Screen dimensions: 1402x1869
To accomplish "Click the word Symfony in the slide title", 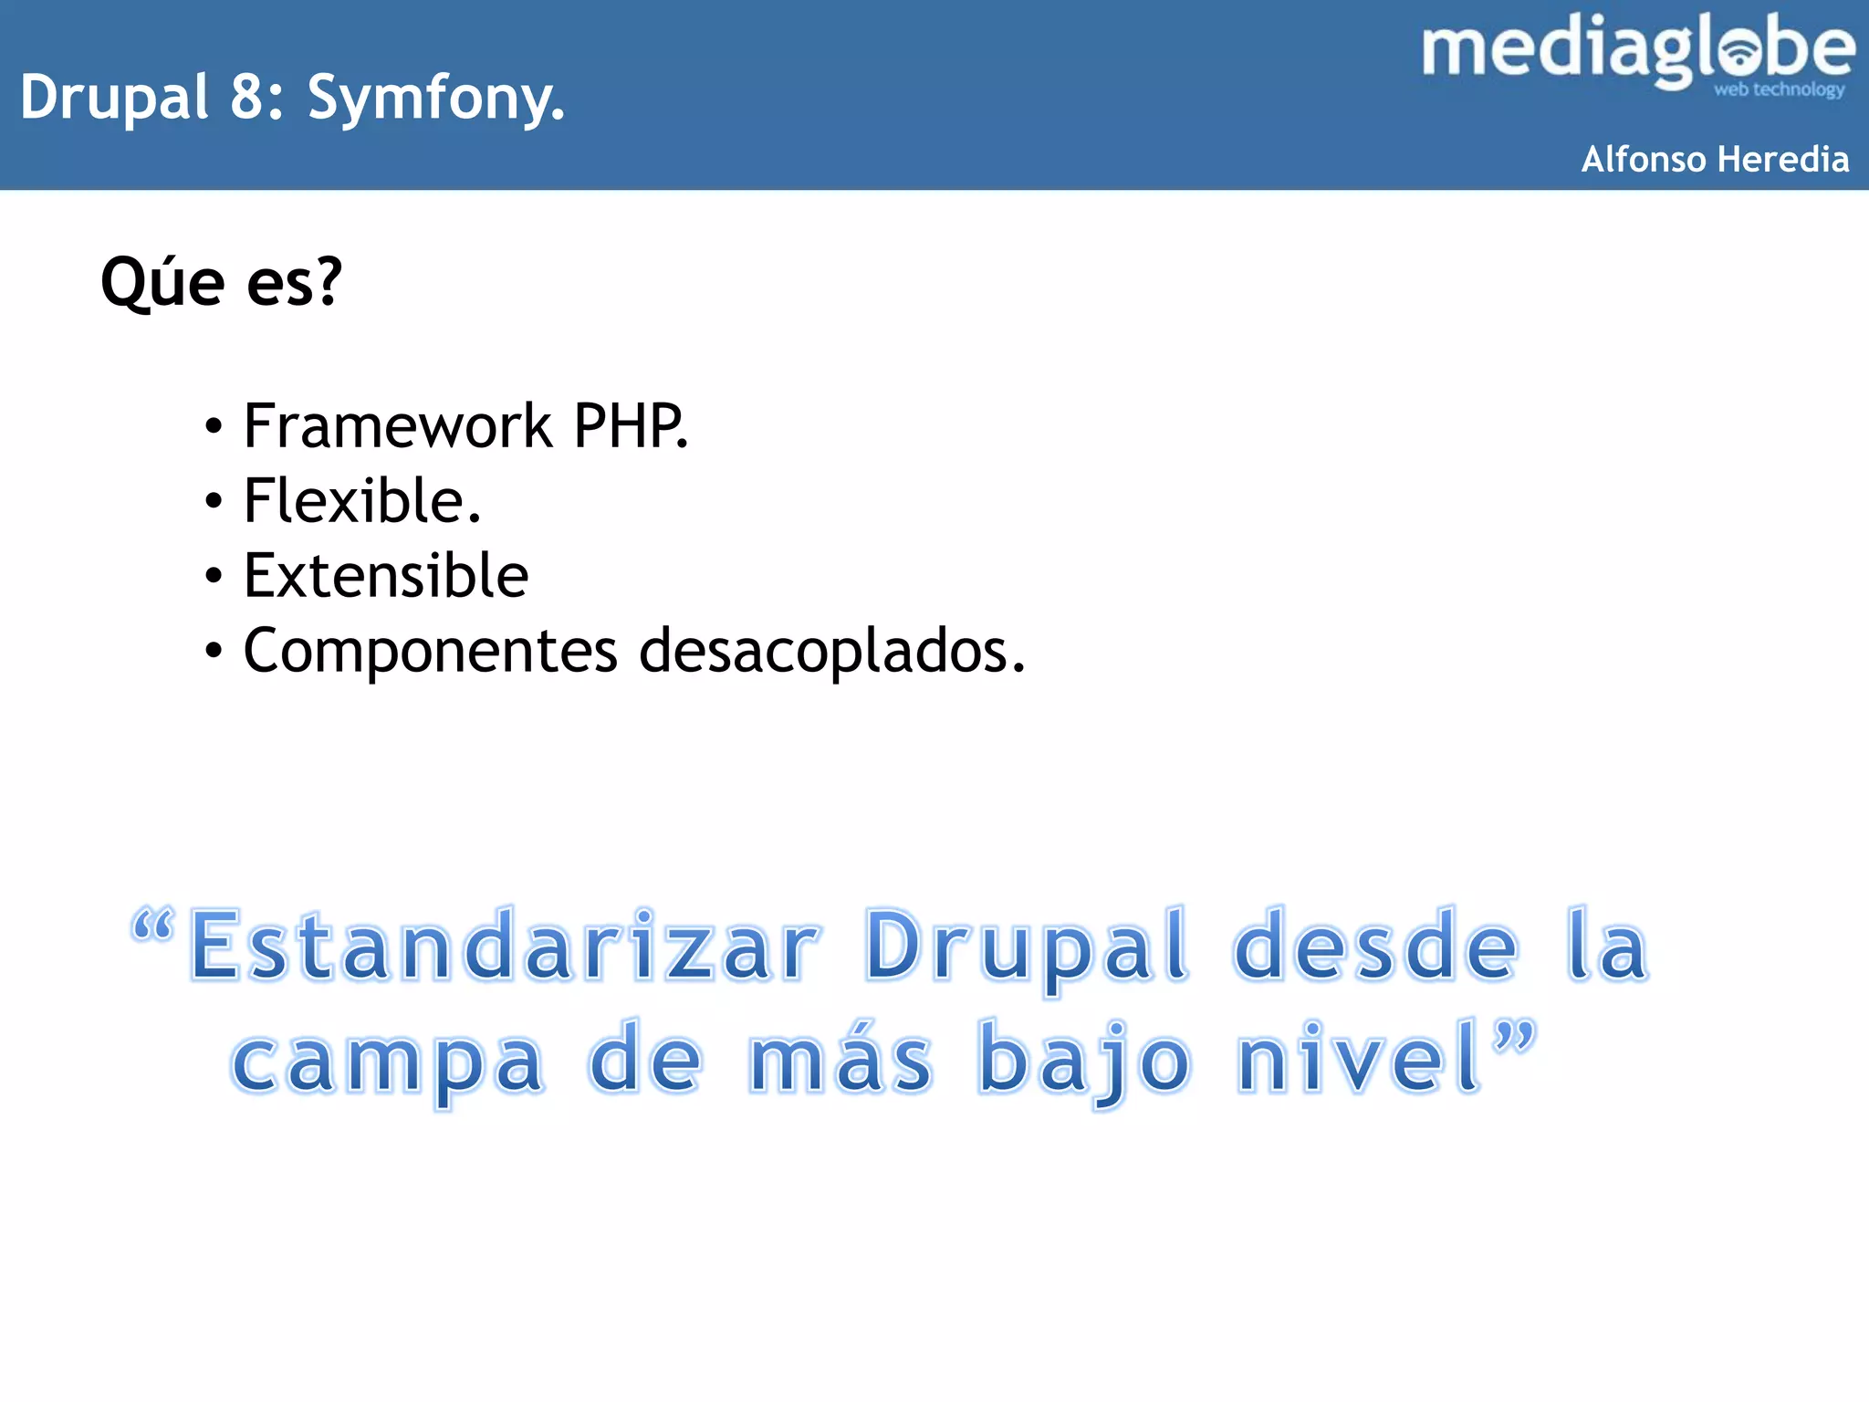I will (434, 98).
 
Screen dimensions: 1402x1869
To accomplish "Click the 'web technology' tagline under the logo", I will (1779, 89).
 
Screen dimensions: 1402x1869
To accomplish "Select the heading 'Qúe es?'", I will (221, 282).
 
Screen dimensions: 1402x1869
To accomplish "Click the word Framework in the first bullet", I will (398, 426).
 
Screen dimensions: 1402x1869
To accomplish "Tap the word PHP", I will (629, 426).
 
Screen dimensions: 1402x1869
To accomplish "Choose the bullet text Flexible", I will (361, 501).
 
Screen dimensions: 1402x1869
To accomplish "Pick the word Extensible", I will (386, 576).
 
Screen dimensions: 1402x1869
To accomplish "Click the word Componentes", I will (431, 651).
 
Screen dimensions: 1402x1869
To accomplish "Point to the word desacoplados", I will (830, 651).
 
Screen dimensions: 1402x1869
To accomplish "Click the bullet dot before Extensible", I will (214, 577).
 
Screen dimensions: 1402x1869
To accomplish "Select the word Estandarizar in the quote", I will (505, 947).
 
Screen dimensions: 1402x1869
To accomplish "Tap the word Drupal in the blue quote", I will (1027, 947).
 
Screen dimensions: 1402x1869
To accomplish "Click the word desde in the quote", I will (1375, 947).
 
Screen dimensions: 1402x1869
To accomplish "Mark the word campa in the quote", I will (388, 1061).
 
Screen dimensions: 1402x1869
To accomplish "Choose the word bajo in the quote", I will (1084, 1061).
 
